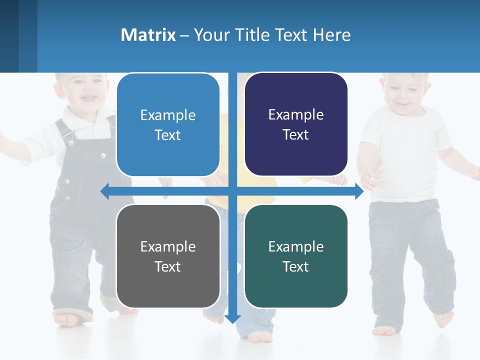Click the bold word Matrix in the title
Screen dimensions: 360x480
point(148,35)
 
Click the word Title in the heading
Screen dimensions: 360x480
point(255,35)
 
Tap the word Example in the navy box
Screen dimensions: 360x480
point(296,115)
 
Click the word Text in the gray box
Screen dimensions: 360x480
point(167,266)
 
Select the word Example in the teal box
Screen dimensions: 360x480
point(296,246)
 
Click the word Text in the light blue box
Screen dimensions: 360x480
point(167,135)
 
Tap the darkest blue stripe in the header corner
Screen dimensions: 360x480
point(9,36)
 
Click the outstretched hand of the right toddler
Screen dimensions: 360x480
point(369,175)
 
